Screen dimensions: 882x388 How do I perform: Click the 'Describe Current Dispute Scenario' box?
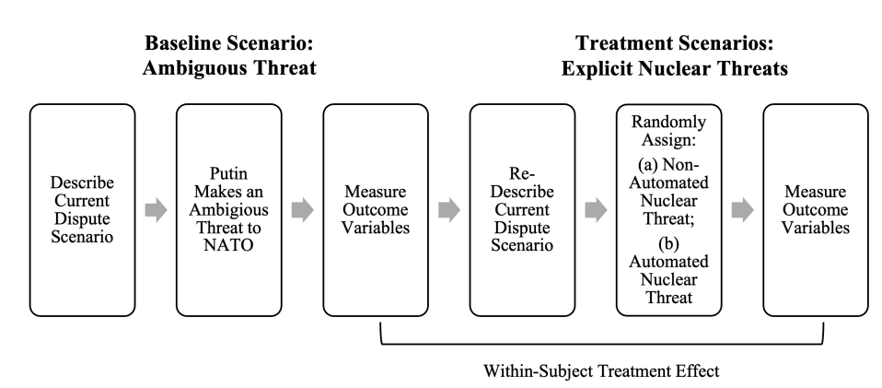coord(82,210)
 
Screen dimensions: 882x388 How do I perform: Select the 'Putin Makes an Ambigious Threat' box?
coord(229,210)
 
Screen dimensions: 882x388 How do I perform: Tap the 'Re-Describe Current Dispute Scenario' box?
coord(522,210)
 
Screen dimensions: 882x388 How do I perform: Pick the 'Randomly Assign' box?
coord(668,210)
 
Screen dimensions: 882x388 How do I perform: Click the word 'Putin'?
coord(228,173)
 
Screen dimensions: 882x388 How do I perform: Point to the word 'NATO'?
coord(229,245)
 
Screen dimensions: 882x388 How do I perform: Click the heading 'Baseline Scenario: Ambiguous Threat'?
coord(229,55)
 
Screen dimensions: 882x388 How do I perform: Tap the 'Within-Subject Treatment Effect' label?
coord(601,371)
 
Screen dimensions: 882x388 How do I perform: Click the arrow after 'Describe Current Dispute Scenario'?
coord(156,210)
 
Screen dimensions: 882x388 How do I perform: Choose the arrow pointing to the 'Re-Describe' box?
coord(449,210)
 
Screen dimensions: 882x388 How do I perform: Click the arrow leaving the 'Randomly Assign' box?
coord(742,210)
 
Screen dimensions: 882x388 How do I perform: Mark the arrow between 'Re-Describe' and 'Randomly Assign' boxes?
coord(596,210)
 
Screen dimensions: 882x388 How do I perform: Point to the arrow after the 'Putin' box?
coord(303,210)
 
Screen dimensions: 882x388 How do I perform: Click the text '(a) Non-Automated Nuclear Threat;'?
coord(668,192)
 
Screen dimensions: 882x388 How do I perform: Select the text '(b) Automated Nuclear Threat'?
coord(668,270)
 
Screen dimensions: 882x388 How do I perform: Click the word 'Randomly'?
coord(668,122)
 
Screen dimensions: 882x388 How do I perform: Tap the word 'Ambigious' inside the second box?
coord(229,209)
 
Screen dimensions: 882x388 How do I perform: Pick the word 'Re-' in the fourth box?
coord(522,173)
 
